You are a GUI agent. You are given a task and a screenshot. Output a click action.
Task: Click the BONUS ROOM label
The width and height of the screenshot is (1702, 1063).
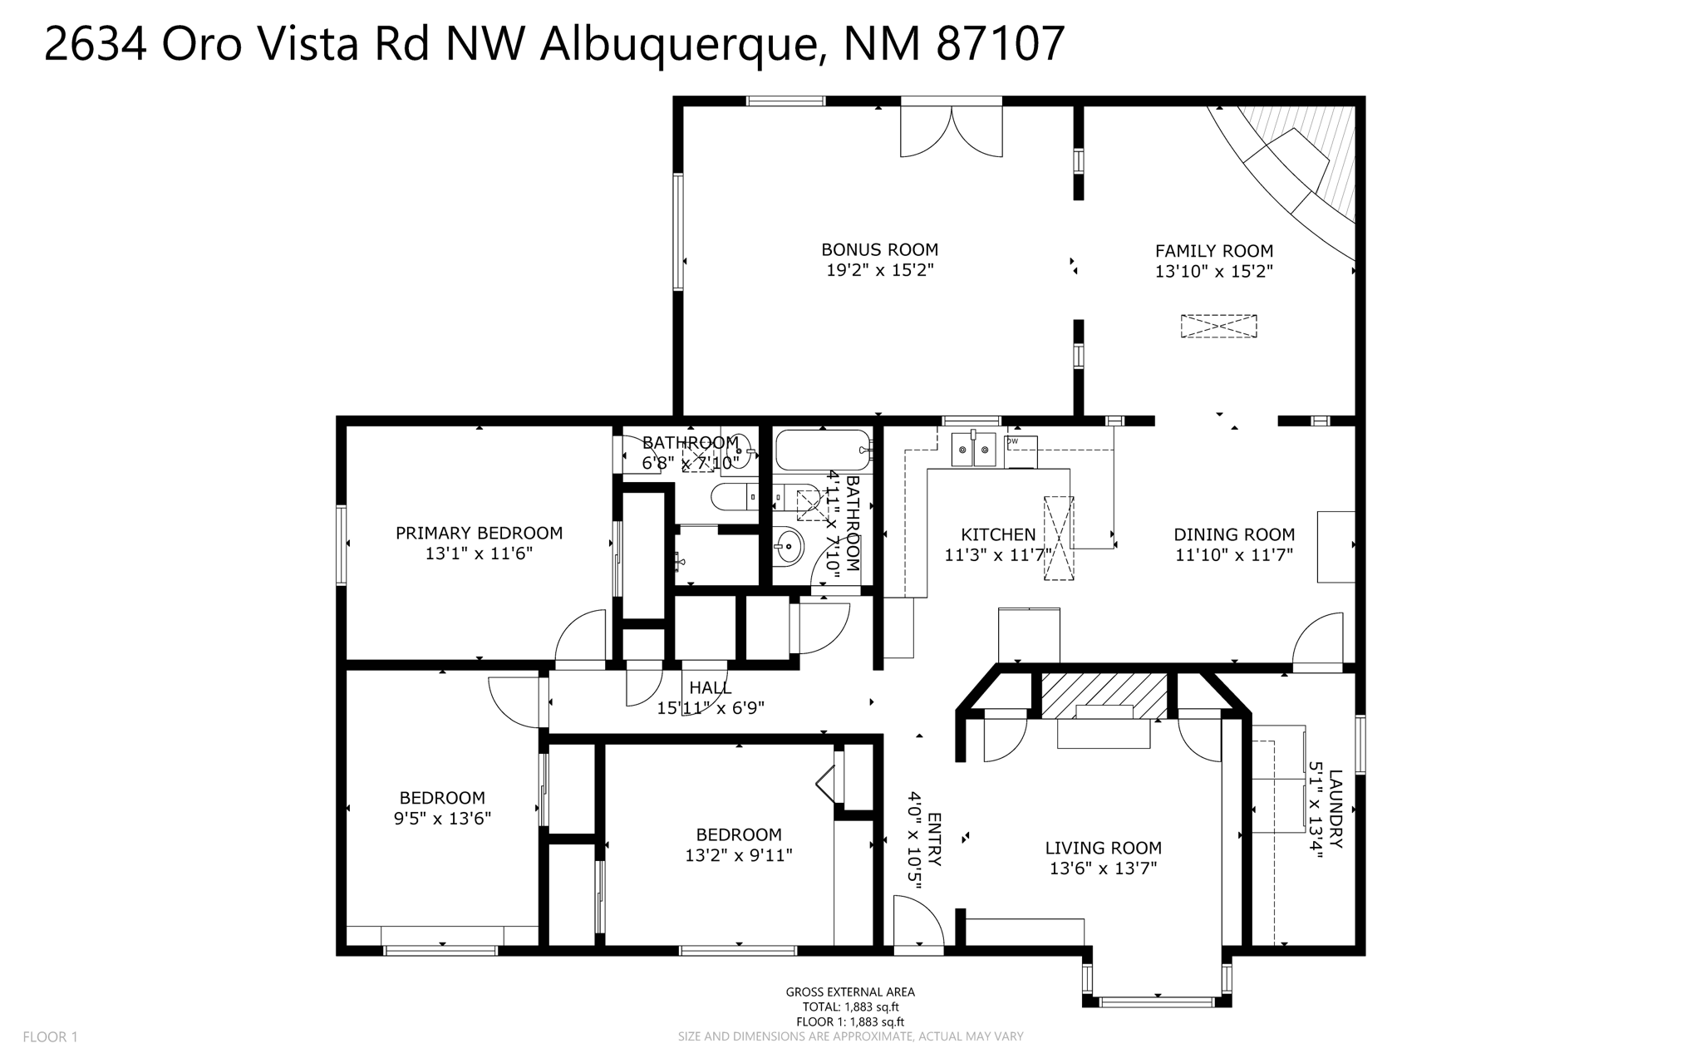[879, 249]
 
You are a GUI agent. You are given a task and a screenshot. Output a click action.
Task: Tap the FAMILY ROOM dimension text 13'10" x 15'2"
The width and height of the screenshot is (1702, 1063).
[1213, 271]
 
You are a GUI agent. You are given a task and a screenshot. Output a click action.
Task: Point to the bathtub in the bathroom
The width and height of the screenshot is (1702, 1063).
[823, 450]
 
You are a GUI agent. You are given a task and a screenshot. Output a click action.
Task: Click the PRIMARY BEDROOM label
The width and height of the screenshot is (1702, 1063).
[479, 534]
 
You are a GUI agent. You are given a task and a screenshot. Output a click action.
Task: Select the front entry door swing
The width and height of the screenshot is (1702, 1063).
[917, 922]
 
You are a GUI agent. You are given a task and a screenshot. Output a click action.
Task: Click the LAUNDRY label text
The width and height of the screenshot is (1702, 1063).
[1335, 809]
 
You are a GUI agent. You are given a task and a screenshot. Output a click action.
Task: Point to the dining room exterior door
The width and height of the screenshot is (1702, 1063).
[1319, 640]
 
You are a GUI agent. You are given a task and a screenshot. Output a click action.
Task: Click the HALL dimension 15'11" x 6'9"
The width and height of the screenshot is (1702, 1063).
[710, 708]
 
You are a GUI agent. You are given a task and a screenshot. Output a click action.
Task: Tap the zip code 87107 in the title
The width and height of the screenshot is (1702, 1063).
[1000, 43]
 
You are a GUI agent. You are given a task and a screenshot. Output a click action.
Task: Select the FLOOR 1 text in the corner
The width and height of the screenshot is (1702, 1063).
[50, 1036]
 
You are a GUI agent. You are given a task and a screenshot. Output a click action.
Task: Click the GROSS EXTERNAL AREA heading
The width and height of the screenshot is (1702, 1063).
[849, 992]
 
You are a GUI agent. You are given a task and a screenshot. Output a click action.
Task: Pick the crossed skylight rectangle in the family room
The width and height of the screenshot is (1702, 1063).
[1218, 326]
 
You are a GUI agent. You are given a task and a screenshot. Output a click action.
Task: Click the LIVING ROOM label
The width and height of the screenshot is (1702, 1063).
[1103, 848]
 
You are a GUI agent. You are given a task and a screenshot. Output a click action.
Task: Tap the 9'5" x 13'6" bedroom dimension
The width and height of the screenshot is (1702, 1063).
[442, 818]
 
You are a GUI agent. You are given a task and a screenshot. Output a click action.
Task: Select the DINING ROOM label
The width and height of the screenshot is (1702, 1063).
[1233, 534]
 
